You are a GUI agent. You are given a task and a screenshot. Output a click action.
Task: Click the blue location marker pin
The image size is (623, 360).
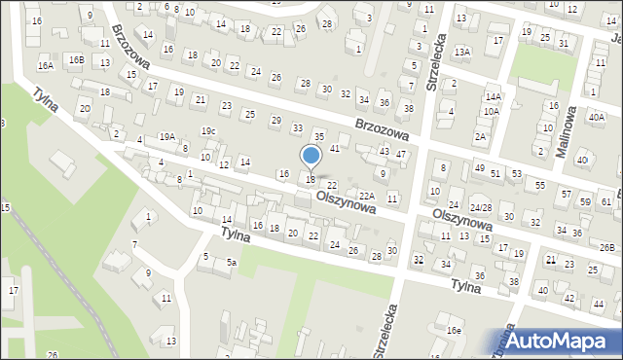point(311,156)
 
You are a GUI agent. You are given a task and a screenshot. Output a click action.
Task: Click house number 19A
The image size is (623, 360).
point(167,137)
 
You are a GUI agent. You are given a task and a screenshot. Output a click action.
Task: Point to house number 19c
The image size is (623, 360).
point(208,131)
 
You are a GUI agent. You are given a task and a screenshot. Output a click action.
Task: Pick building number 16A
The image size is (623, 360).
point(45,65)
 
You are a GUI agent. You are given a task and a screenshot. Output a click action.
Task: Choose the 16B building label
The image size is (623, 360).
point(76,60)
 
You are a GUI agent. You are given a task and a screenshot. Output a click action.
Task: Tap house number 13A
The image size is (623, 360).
point(462,52)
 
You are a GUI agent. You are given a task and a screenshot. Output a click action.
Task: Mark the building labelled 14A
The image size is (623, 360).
point(494,97)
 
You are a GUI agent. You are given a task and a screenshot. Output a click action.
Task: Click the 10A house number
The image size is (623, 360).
point(491,112)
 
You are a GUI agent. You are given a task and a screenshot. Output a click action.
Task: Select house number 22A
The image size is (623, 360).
point(366,196)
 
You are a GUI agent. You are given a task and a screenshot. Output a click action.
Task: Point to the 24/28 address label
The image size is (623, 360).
point(480,208)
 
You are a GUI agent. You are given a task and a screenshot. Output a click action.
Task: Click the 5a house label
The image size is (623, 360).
point(232,264)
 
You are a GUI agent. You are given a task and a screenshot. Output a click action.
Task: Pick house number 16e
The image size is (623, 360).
point(454,331)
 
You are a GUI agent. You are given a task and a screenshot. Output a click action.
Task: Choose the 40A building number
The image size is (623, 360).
point(596,117)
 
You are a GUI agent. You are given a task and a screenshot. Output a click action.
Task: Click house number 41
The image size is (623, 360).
point(334,148)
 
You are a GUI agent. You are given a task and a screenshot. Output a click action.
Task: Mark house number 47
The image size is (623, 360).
point(400,156)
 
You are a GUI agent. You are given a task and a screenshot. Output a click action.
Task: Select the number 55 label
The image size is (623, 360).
point(541,184)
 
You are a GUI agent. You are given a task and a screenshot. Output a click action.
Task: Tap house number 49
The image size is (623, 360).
point(479,168)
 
